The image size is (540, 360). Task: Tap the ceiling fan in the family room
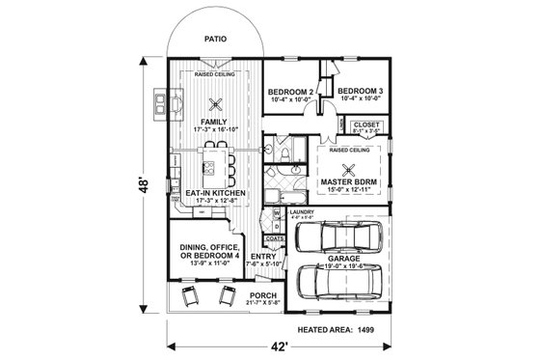point(217,105)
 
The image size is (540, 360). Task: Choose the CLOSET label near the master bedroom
point(366,124)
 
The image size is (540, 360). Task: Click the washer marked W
point(276,213)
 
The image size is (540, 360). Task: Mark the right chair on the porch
point(229,296)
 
